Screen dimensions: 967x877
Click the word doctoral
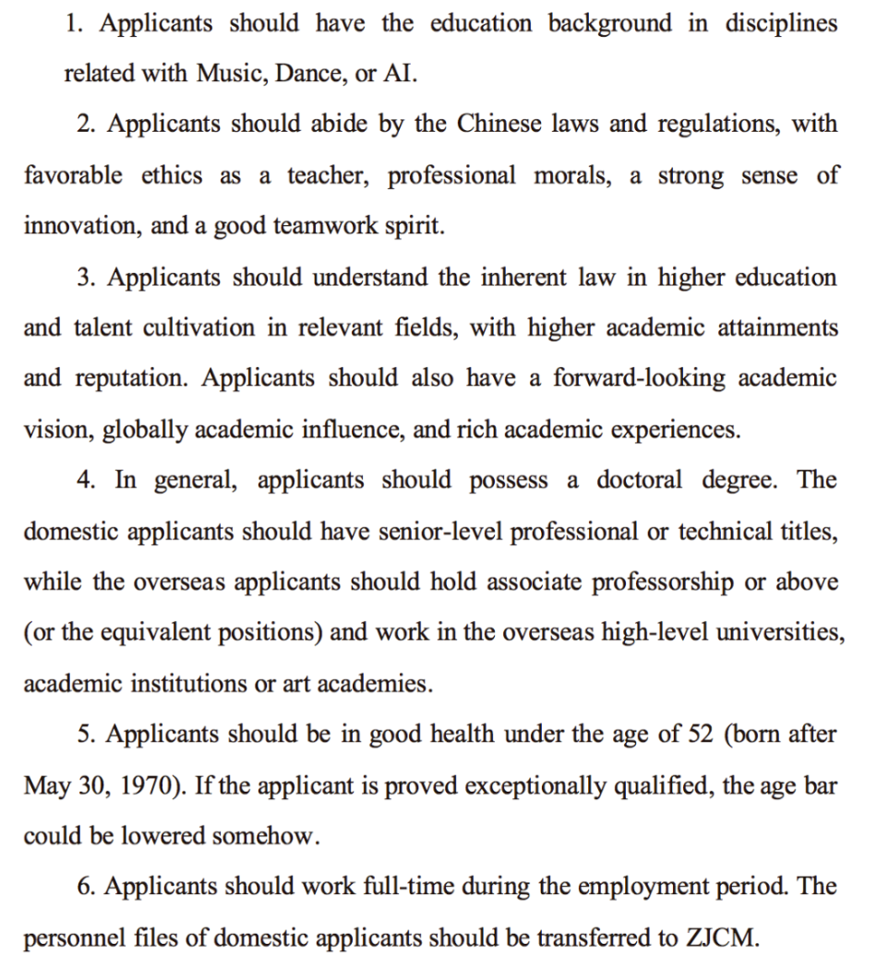[x=639, y=481]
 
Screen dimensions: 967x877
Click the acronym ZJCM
[x=719, y=939]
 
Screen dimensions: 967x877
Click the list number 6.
[x=86, y=888]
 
